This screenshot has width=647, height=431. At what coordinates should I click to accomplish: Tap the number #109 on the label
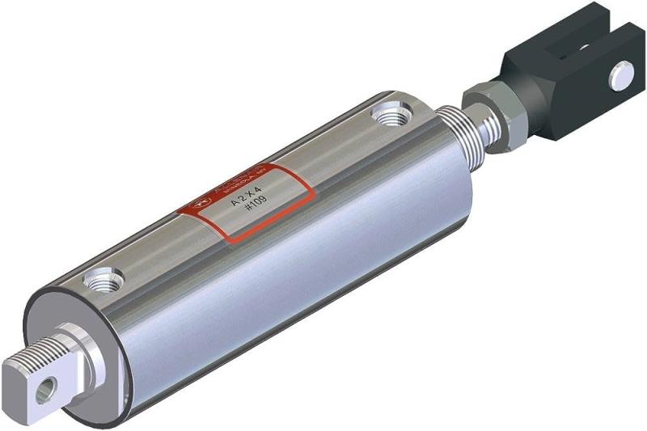[252, 209]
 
